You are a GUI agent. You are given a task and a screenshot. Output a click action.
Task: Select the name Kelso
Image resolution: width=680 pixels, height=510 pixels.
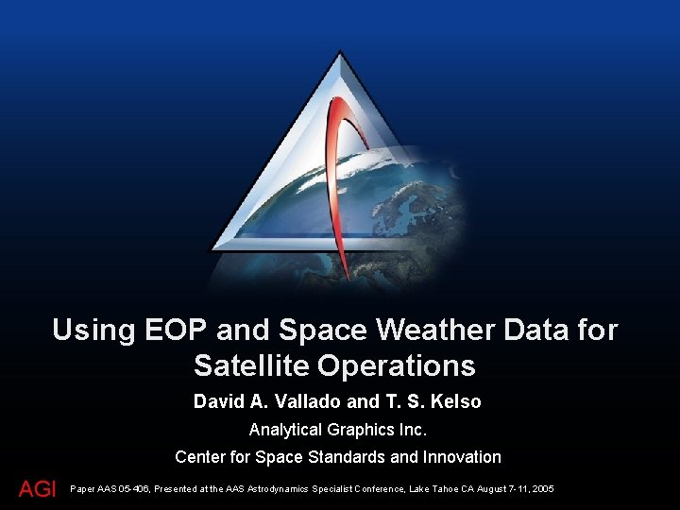pyautogui.click(x=457, y=401)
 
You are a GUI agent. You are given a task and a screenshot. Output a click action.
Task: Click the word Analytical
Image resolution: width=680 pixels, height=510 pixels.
pyautogui.click(x=285, y=430)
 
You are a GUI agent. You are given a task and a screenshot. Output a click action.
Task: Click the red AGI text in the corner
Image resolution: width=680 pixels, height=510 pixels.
pyautogui.click(x=38, y=488)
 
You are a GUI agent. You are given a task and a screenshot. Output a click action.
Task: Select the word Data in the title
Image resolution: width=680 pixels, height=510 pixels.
pyautogui.click(x=547, y=330)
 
